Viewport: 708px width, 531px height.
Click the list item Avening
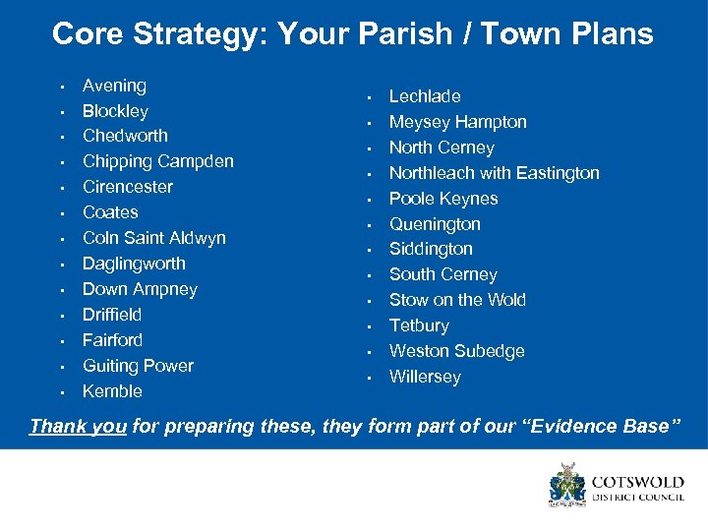tap(114, 86)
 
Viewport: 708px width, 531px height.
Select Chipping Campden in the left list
tap(157, 161)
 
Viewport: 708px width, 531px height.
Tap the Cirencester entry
tap(127, 187)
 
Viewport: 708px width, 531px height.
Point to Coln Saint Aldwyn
tap(153, 238)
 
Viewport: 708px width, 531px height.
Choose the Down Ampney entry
tap(140, 289)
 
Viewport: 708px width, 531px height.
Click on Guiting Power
tap(138, 366)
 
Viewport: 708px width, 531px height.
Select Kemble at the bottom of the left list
tap(112, 391)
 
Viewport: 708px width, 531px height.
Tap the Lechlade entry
tap(425, 96)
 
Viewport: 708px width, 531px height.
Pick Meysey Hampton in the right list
tap(457, 122)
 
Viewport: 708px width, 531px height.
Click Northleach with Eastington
tap(494, 173)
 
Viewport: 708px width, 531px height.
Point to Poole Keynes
tap(442, 199)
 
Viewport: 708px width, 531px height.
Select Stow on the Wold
tap(457, 300)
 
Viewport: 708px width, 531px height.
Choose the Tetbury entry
tap(419, 325)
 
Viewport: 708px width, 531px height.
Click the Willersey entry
tap(425, 377)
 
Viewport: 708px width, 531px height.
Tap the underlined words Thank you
tap(78, 426)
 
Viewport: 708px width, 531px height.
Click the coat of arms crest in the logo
tap(567, 486)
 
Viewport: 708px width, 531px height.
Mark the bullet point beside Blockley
tap(61, 112)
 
